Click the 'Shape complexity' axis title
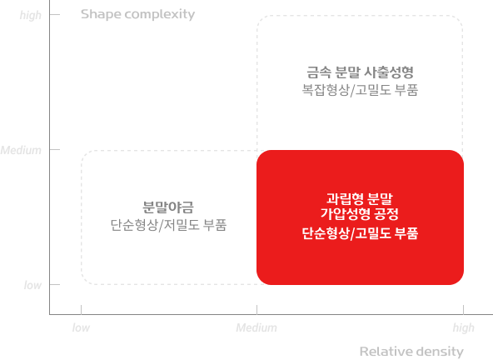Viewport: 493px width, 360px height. pos(137,14)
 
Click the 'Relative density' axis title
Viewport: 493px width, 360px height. pos(411,351)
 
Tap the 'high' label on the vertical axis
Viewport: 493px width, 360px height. pos(31,15)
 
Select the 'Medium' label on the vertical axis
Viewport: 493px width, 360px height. pos(21,150)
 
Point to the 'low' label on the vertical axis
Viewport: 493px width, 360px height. pos(32,285)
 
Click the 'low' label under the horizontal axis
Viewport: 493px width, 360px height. pos(81,327)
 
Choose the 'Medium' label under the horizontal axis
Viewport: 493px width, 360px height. pos(256,327)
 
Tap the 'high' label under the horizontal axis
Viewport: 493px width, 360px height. pos(464,327)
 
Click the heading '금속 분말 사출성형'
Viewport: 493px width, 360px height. pos(360,72)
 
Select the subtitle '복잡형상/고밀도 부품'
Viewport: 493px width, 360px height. pos(360,90)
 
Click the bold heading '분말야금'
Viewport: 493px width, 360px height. pos(168,207)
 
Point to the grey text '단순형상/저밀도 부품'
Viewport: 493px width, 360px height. pos(168,225)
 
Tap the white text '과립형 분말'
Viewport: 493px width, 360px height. pos(360,198)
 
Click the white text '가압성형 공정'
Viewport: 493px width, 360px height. pos(360,213)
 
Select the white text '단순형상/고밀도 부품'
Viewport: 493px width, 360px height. pos(360,233)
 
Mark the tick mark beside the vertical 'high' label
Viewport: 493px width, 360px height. pos(55,14)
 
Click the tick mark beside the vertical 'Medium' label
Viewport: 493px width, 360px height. pos(55,149)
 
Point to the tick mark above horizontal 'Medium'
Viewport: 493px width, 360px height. pos(256,310)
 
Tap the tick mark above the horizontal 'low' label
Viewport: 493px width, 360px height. pos(81,310)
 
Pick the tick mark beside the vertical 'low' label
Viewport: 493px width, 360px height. pos(55,284)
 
